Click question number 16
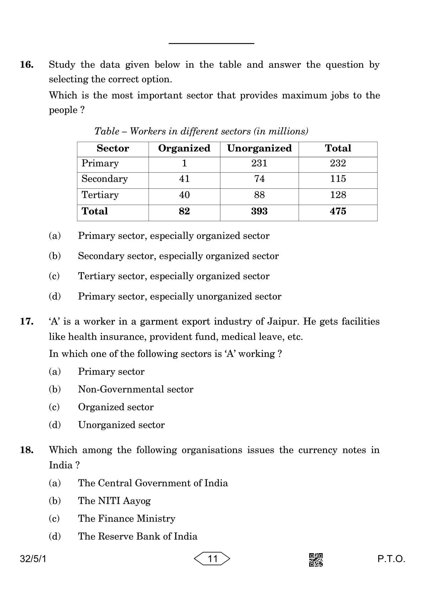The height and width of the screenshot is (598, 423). (27, 65)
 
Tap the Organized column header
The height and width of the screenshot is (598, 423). (184, 149)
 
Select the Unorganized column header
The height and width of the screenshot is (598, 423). (259, 149)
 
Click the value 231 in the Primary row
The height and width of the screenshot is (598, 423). (259, 163)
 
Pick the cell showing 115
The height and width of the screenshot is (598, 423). (338, 179)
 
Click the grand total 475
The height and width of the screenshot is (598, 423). (338, 211)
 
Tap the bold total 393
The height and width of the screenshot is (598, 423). (259, 211)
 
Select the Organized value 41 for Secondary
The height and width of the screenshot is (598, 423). (184, 179)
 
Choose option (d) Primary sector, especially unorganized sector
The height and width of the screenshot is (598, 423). (180, 297)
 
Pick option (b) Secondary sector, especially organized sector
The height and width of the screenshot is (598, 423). (178, 256)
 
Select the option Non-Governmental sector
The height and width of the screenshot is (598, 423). (135, 389)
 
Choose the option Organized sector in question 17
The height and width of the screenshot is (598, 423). (116, 407)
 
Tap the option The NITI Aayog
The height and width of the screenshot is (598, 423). (114, 501)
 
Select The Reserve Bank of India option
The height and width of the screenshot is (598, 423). (138, 537)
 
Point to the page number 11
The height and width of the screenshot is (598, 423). (212, 559)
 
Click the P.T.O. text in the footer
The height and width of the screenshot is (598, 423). (391, 559)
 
